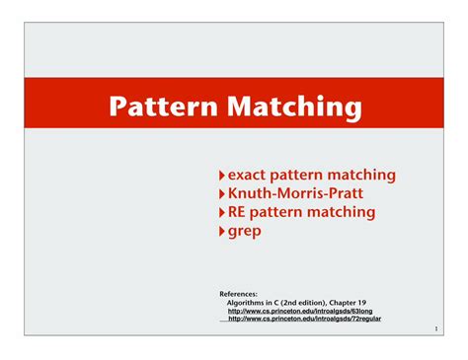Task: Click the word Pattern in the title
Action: tap(163, 106)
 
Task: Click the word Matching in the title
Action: tap(294, 108)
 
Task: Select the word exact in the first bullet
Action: tap(247, 175)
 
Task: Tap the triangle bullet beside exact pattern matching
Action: tap(222, 176)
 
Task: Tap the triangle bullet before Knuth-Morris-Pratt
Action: tap(222, 194)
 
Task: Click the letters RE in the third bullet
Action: tap(236, 212)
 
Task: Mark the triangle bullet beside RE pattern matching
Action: tap(222, 213)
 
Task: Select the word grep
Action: tap(245, 232)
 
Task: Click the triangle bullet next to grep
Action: tap(222, 232)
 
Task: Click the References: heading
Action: tap(238, 294)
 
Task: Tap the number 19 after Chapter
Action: tap(362, 303)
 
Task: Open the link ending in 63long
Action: tap(300, 311)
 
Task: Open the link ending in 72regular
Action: tap(304, 319)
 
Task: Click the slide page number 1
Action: tap(436, 328)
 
